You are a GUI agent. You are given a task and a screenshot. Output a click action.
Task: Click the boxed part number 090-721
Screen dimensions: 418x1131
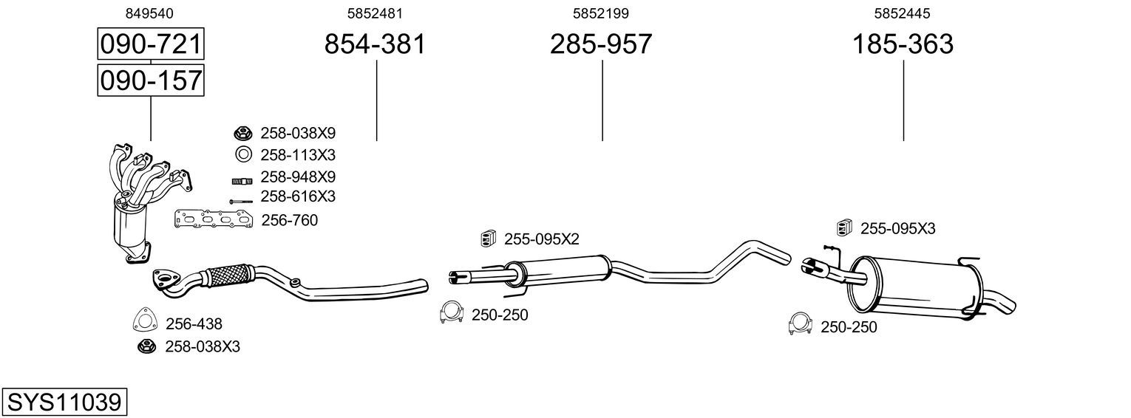[x=151, y=45]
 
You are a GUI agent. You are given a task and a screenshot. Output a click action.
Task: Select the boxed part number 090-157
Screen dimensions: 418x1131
[x=151, y=80]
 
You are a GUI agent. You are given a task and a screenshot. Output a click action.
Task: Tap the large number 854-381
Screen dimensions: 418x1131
[x=376, y=45]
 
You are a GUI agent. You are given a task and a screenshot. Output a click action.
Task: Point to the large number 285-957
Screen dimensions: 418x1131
[x=601, y=45]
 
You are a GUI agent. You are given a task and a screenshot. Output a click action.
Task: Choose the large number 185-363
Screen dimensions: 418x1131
[x=903, y=45]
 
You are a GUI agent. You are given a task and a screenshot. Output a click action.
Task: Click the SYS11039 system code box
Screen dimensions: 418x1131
[x=64, y=402]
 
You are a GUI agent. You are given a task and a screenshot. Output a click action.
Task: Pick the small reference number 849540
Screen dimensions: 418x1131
[x=150, y=13]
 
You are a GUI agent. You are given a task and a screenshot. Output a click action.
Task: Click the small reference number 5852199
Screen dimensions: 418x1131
[x=601, y=13]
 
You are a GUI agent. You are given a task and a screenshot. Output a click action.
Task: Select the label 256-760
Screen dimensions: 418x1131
[x=290, y=220]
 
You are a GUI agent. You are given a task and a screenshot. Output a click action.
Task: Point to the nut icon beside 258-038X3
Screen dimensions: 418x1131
[x=146, y=346]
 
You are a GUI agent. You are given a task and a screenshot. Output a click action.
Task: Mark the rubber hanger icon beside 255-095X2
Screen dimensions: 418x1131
[x=488, y=238]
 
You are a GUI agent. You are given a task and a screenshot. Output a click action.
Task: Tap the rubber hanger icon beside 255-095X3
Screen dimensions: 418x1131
[x=843, y=227]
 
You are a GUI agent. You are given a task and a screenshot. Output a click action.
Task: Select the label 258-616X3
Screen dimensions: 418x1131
[x=298, y=196]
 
